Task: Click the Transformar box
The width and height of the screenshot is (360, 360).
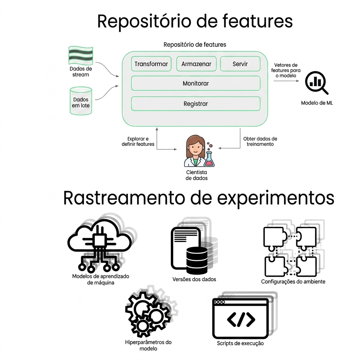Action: (x=151, y=64)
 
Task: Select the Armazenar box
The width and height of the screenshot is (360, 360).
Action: (x=196, y=64)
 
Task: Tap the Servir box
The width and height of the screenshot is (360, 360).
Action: (x=240, y=64)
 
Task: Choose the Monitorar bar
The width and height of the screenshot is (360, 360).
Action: (x=195, y=83)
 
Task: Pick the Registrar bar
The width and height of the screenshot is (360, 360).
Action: (x=195, y=104)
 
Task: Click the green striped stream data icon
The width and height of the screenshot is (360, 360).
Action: (x=81, y=55)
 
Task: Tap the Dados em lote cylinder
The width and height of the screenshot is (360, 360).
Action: (x=81, y=101)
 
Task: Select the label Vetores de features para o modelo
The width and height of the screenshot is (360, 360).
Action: (x=285, y=70)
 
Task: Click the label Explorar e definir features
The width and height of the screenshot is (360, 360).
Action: (x=138, y=141)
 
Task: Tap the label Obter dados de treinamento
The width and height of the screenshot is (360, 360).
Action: (x=260, y=141)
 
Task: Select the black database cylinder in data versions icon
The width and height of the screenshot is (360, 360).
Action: (x=197, y=260)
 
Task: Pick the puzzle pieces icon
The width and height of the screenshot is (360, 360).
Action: (x=290, y=252)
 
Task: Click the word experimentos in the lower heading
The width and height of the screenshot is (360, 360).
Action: (x=275, y=199)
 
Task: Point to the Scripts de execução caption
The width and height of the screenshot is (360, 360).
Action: (x=240, y=343)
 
